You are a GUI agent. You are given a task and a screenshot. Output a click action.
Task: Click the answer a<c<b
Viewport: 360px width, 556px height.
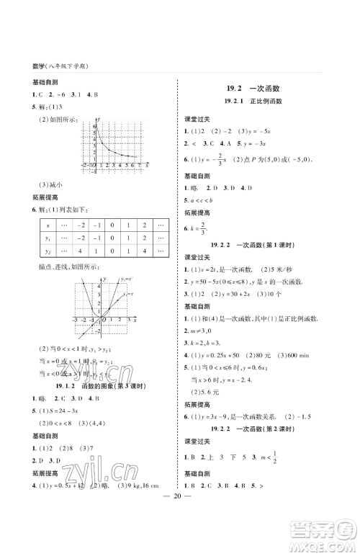[198, 199]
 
